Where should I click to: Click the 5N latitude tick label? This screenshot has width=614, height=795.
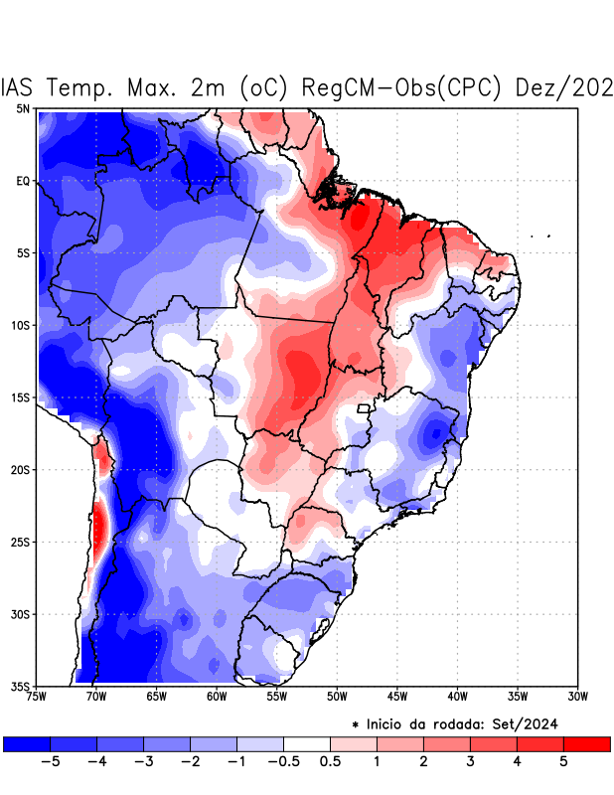pos(23,108)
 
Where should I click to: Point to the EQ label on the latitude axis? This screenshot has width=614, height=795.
pos(23,181)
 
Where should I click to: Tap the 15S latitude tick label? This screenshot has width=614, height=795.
pos(21,397)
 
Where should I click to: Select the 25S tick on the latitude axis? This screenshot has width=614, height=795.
pos(21,542)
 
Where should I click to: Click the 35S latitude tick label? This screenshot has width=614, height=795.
pos(21,686)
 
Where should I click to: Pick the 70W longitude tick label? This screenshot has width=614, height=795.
pos(95,696)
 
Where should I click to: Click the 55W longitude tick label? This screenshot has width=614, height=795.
pos(276,696)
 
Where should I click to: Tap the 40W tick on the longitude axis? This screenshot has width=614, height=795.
pos(457,696)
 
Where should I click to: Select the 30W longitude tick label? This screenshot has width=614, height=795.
pos(578,696)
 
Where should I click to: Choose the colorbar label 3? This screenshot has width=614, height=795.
pos(470,762)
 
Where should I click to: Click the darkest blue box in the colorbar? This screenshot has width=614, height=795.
pos(27,743)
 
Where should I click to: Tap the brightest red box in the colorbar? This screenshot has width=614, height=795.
pos(586,743)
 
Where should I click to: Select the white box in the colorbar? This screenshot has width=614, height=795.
pos(306,743)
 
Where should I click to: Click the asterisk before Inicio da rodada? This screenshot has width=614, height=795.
pos(356,725)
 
